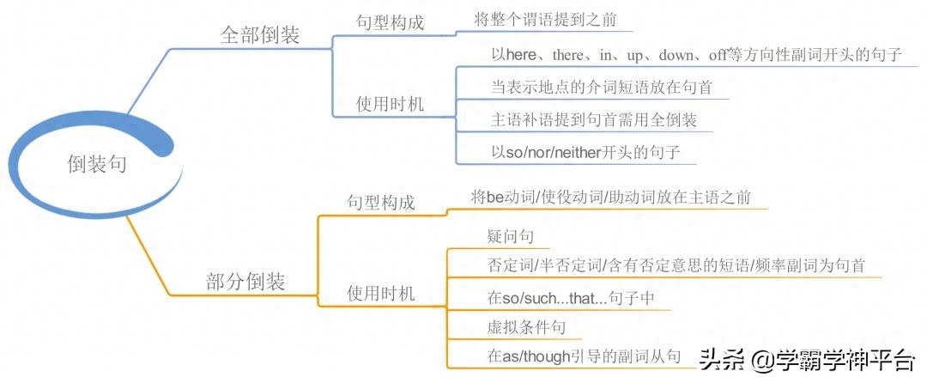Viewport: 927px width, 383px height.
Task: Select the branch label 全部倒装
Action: pyautogui.click(x=260, y=35)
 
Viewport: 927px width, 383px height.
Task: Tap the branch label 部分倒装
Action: pyautogui.click(x=246, y=282)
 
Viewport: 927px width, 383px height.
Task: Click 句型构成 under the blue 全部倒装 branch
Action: pyautogui.click(x=391, y=22)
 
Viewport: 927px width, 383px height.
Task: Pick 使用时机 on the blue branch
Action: pyautogui.click(x=391, y=105)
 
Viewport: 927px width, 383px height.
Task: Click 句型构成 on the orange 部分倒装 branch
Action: pyautogui.click(x=381, y=203)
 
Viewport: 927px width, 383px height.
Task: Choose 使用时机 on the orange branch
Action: pyautogui.click(x=381, y=293)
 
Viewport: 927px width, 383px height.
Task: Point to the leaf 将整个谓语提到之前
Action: pyautogui.click(x=545, y=20)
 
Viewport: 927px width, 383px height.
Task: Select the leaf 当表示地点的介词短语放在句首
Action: pyautogui.click(x=602, y=88)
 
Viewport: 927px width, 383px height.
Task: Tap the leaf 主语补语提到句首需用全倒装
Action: pyautogui.click(x=594, y=120)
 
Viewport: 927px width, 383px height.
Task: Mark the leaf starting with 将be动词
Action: pyautogui.click(x=611, y=197)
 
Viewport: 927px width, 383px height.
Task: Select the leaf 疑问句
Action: pyautogui.click(x=511, y=236)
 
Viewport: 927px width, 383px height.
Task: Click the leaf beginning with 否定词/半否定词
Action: pyautogui.click(x=676, y=265)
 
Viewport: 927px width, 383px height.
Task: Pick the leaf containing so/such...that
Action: pyautogui.click(x=571, y=298)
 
